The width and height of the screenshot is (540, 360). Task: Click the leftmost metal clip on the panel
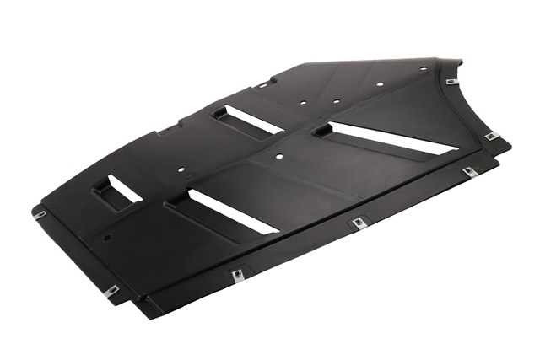(x=40, y=214)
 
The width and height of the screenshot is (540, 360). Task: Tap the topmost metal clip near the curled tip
(x=451, y=82)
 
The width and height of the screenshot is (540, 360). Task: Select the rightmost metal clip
(x=491, y=136)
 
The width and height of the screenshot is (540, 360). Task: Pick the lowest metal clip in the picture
(x=111, y=291)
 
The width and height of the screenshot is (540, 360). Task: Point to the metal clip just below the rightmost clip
(x=469, y=171)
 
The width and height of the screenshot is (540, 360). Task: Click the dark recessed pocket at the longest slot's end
(x=323, y=131)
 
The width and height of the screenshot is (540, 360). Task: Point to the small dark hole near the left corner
(x=107, y=237)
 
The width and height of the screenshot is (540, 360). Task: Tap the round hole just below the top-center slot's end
(x=279, y=156)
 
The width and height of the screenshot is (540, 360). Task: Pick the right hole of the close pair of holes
(x=336, y=101)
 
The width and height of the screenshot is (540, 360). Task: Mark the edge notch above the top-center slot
(x=263, y=83)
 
